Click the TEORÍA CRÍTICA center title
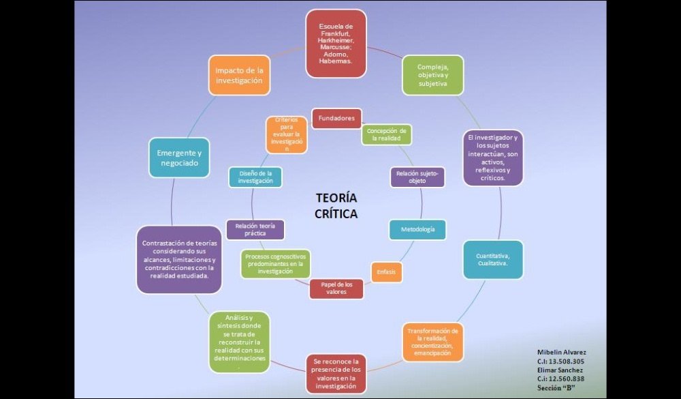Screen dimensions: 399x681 coord(336,205)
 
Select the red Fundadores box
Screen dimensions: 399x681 coord(336,119)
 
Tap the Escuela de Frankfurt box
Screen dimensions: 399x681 coord(336,43)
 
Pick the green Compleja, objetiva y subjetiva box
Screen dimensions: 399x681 coord(432,74)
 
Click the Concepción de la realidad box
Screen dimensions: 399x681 coord(386,134)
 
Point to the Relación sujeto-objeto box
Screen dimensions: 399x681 coord(417,177)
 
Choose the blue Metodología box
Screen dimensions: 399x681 coord(417,230)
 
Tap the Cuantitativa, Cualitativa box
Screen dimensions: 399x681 coord(493,259)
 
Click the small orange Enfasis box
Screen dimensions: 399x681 coord(386,272)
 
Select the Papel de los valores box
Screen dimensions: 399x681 coord(336,288)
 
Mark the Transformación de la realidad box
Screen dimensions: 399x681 coord(434,342)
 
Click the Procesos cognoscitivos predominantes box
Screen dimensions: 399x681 coord(274,264)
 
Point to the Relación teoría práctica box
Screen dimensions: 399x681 coord(255,229)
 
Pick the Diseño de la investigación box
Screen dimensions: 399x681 coord(255,177)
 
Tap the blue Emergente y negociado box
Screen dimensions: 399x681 coord(179,158)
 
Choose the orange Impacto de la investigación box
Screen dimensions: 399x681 coord(239,75)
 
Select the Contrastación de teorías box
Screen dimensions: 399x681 coord(179,260)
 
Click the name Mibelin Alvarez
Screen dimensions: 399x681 coord(561,352)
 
